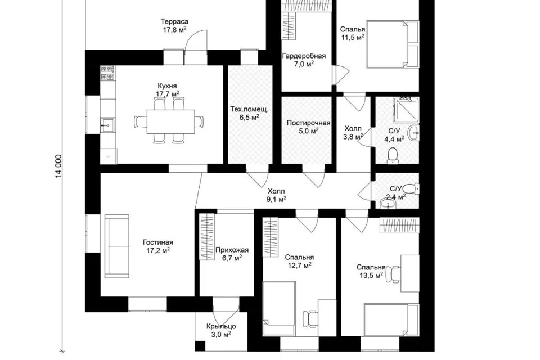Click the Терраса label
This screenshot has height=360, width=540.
(175, 22)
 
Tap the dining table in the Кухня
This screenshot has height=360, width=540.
(170, 121)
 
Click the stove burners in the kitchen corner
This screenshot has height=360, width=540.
(107, 73)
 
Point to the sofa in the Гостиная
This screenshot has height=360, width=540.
(117, 246)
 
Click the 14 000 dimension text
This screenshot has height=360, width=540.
(59, 166)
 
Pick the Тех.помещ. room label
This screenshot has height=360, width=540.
(249, 110)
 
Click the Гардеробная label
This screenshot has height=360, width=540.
(304, 56)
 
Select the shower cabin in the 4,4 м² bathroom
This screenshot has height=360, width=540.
(406, 110)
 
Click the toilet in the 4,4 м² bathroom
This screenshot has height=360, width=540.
(392, 156)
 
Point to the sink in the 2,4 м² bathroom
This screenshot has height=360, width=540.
(389, 204)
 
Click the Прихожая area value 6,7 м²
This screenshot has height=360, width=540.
(232, 258)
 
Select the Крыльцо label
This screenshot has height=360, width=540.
(221, 326)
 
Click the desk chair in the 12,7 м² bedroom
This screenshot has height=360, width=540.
(310, 318)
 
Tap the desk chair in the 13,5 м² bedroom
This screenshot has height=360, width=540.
(394, 274)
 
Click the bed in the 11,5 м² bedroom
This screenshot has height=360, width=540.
(393, 44)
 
